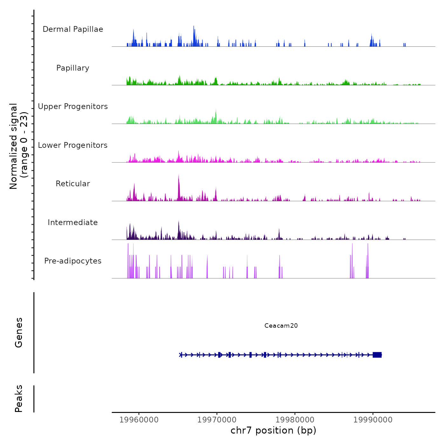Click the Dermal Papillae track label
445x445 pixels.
[x=73, y=29]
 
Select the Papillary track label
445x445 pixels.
[x=73, y=68]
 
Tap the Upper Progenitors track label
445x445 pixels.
[x=73, y=106]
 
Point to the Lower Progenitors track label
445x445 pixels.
[x=73, y=145]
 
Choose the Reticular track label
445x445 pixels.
[x=73, y=184]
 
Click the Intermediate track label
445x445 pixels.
[x=73, y=222]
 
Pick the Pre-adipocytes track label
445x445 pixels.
[x=73, y=261]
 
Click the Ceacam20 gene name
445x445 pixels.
[x=281, y=325]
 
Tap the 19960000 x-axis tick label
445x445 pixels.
[x=139, y=420]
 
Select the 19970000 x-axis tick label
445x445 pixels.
[x=217, y=420]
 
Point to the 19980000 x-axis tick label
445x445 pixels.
[x=295, y=420]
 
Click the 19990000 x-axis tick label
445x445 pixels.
[x=373, y=420]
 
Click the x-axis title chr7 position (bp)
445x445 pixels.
[x=273, y=430]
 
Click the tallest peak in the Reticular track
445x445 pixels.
[x=179, y=175]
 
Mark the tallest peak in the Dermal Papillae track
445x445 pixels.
[x=194, y=27]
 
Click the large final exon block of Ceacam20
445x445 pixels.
[x=377, y=355]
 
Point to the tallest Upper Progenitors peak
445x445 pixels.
[x=216, y=110]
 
